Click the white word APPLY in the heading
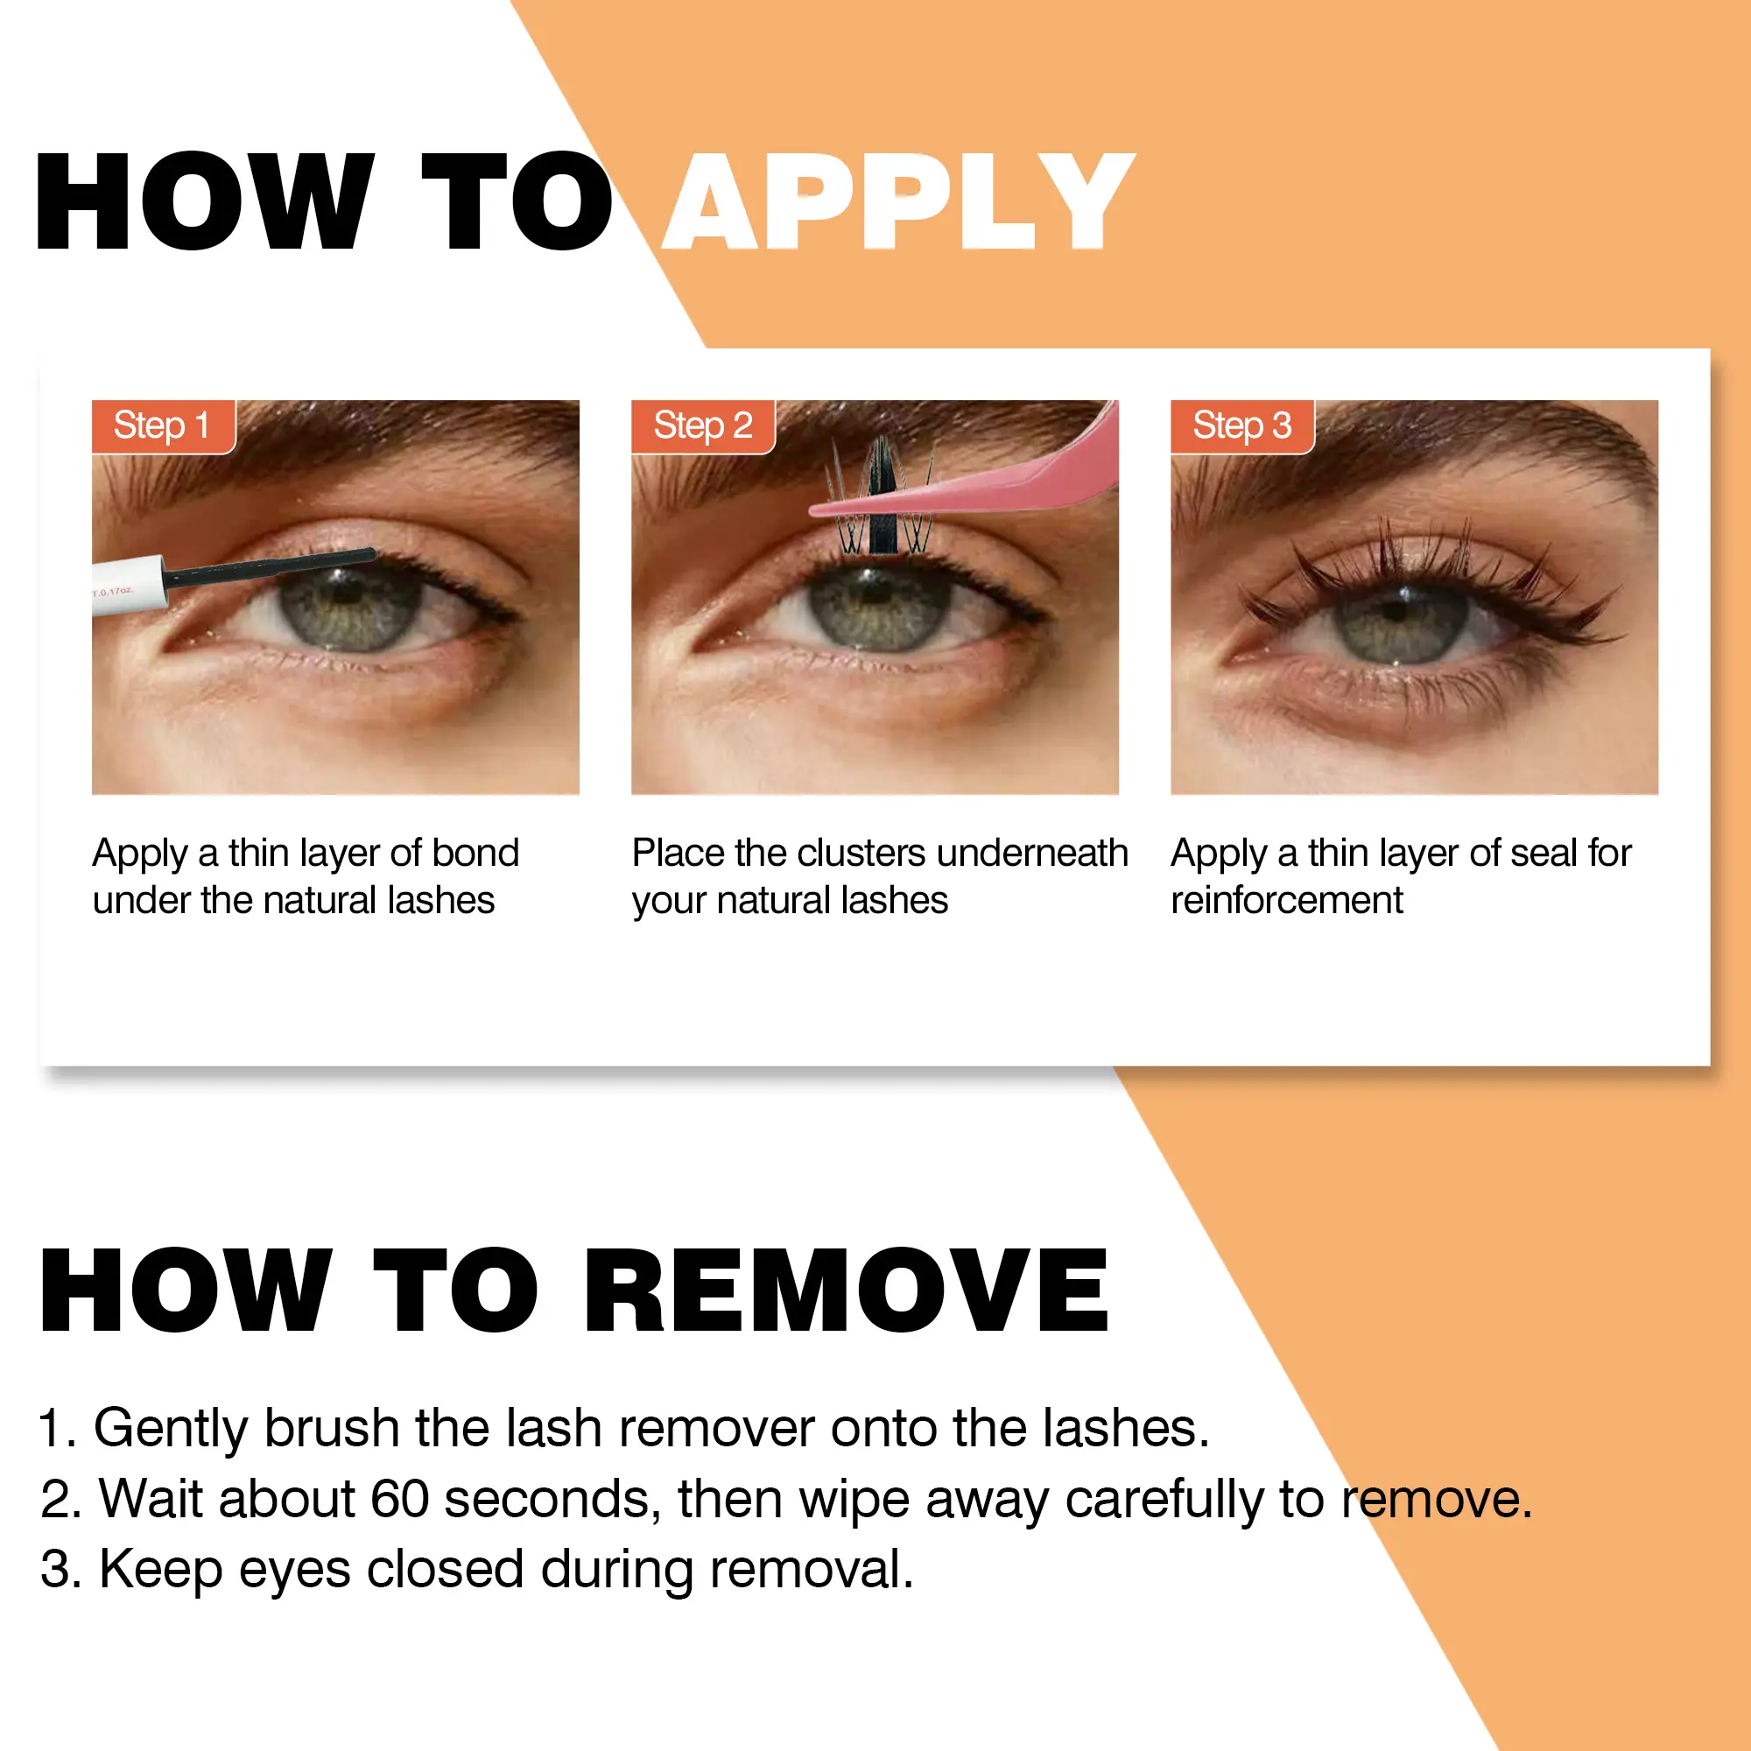(x=898, y=201)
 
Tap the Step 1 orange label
(x=163, y=426)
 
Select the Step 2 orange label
(x=702, y=426)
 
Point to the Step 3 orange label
(x=1241, y=426)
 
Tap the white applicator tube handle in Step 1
(x=130, y=585)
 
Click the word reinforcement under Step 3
(x=1287, y=900)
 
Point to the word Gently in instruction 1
(x=172, y=1431)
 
